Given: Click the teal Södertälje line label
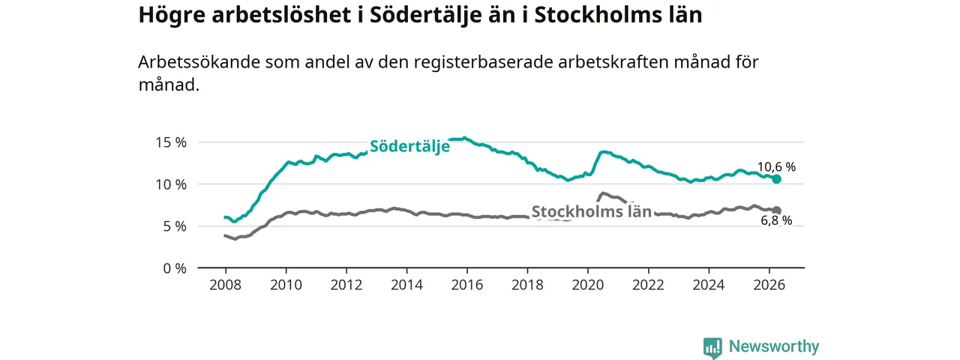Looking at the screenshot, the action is click(x=409, y=146).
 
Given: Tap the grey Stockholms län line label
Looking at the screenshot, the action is click(x=592, y=211).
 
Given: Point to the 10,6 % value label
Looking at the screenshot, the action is click(x=776, y=166).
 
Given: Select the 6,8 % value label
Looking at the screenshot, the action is click(x=776, y=220).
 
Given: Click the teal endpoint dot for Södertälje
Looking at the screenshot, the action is click(x=776, y=179).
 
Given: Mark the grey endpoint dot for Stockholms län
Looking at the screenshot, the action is click(x=776, y=211).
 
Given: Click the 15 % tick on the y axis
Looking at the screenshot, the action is click(x=171, y=142).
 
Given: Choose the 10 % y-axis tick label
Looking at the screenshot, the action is click(x=171, y=184).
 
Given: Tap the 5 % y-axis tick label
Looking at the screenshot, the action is click(x=175, y=226).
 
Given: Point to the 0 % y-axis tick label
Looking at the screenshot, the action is click(x=175, y=268).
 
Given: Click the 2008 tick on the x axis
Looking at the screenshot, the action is click(x=226, y=285).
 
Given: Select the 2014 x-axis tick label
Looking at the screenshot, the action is click(x=406, y=285).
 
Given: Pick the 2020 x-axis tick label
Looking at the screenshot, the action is click(x=588, y=285).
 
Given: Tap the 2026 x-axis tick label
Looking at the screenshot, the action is click(x=769, y=285).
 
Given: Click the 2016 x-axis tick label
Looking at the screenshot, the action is click(x=467, y=285).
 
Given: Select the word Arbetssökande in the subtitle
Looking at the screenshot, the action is click(x=199, y=62).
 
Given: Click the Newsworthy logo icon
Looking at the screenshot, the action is click(x=712, y=347).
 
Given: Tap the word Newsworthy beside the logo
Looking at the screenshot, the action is click(x=774, y=346).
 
